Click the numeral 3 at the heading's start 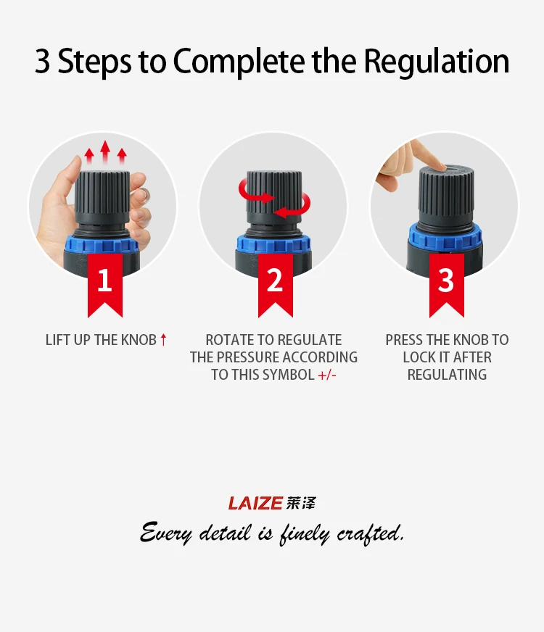[42, 62]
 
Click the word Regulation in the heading [437, 62]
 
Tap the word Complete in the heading [239, 62]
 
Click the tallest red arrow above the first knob [105, 152]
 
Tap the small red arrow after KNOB [163, 340]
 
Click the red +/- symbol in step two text [327, 375]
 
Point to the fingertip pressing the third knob [438, 166]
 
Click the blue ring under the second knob [274, 243]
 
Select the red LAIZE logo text [255, 503]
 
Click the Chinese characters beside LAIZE [301, 503]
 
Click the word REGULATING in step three [447, 375]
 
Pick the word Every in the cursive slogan [166, 533]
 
